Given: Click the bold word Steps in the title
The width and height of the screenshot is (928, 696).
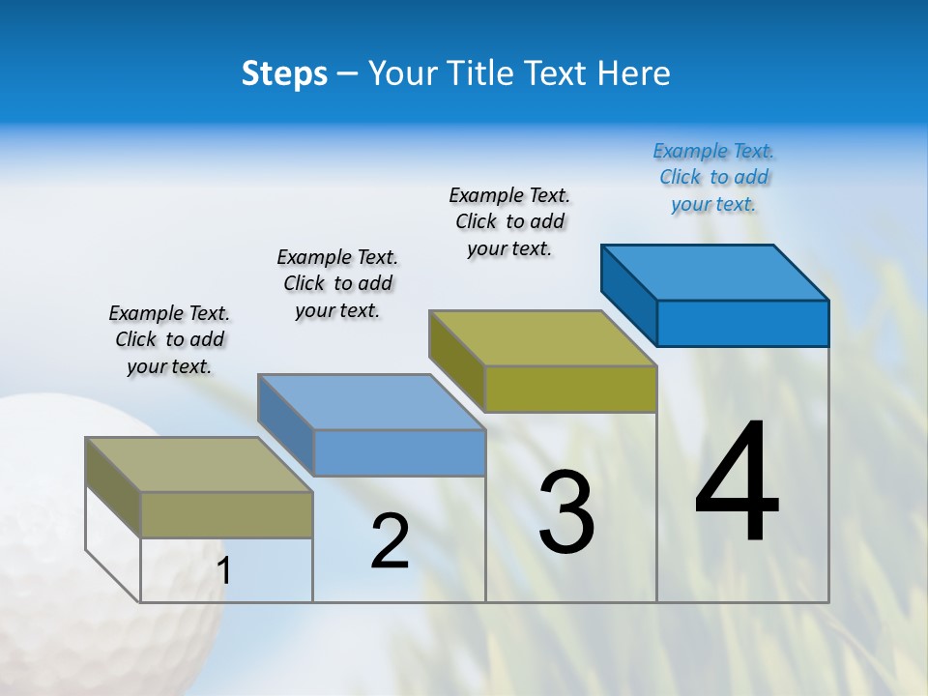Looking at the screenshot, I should click(284, 73).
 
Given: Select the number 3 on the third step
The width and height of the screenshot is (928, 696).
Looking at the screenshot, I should click(566, 512).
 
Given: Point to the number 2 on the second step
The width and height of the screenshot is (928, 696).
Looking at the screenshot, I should click(391, 541).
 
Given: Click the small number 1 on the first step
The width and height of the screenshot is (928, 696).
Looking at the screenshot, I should click(224, 570).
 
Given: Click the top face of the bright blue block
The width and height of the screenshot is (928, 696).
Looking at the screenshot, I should click(713, 272).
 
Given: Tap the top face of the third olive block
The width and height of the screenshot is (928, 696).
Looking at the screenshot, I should click(541, 338).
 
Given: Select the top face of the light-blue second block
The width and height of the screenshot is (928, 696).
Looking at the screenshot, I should click(371, 402).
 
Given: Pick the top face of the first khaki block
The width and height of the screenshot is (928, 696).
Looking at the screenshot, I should click(198, 465).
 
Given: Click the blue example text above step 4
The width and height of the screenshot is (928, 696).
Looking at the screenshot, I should click(713, 177).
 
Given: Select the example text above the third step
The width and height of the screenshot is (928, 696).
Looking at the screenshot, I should click(509, 221).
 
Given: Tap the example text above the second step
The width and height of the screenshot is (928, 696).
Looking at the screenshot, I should click(337, 283).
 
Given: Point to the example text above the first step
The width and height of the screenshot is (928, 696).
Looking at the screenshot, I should click(169, 339).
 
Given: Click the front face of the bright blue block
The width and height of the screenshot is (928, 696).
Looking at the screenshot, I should click(742, 323).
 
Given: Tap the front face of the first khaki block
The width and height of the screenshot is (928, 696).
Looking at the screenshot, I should click(226, 514).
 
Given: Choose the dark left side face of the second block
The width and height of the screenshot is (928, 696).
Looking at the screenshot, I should click(286, 423).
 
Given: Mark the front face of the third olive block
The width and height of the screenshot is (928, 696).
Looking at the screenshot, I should click(570, 389).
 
